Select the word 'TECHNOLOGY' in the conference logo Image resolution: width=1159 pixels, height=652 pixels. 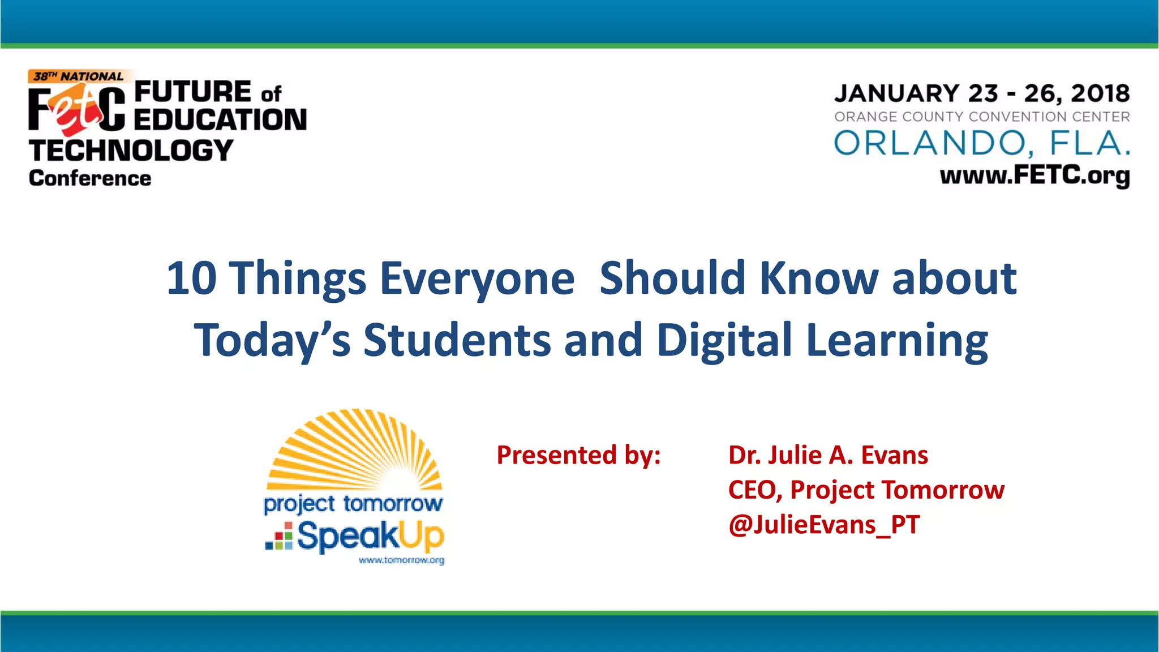click(x=131, y=151)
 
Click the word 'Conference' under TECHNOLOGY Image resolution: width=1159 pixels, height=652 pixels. click(x=90, y=178)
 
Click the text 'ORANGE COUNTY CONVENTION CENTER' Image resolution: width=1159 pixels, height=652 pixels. click(x=982, y=117)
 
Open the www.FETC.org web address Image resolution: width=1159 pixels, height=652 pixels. click(x=1034, y=175)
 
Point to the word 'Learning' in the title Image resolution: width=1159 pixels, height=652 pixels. click(x=897, y=340)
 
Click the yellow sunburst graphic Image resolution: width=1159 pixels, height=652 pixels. click(x=355, y=450)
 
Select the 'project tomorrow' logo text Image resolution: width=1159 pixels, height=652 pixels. click(x=353, y=503)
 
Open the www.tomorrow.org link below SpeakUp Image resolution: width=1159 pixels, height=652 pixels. click(x=401, y=560)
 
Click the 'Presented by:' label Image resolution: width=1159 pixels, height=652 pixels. click(x=578, y=455)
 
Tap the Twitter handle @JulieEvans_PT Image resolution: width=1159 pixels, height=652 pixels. click(x=824, y=524)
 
